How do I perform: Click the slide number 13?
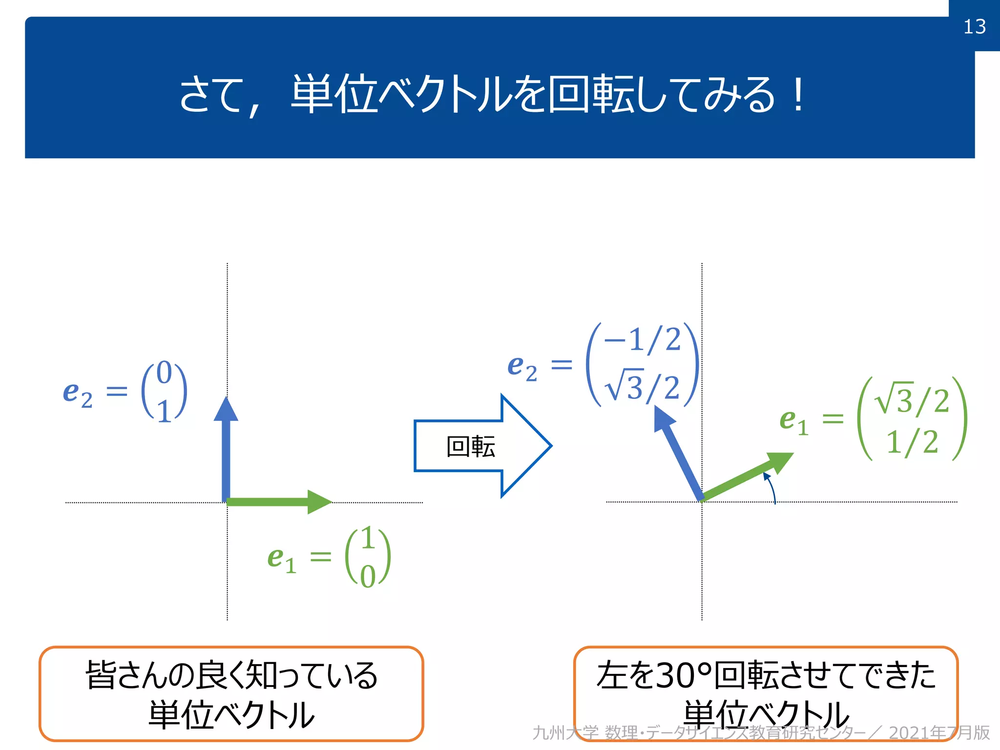pyautogui.click(x=974, y=26)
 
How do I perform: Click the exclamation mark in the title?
pyautogui.click(x=798, y=95)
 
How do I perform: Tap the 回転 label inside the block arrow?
pyautogui.click(x=471, y=446)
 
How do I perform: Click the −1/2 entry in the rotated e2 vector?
pyautogui.click(x=642, y=339)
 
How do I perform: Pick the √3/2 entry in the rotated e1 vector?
pyautogui.click(x=912, y=400)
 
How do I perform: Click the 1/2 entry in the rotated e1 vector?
pyautogui.click(x=912, y=442)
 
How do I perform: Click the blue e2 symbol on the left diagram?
pyautogui.click(x=77, y=394)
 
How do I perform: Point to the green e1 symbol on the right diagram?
pyautogui.click(x=794, y=421)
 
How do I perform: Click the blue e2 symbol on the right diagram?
pyautogui.click(x=522, y=367)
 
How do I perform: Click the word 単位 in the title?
pyautogui.click(x=335, y=95)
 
